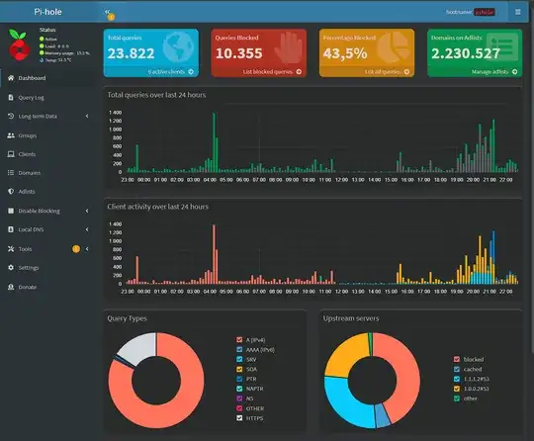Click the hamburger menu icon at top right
coord(516,12)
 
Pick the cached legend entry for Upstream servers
coord(472,368)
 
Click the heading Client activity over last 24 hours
coord(157,207)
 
